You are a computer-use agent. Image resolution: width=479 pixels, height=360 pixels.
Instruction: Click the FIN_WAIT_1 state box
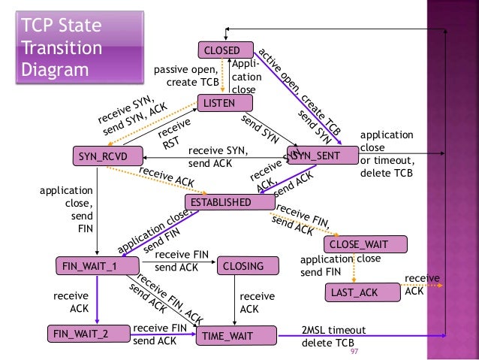[x=97, y=265]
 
